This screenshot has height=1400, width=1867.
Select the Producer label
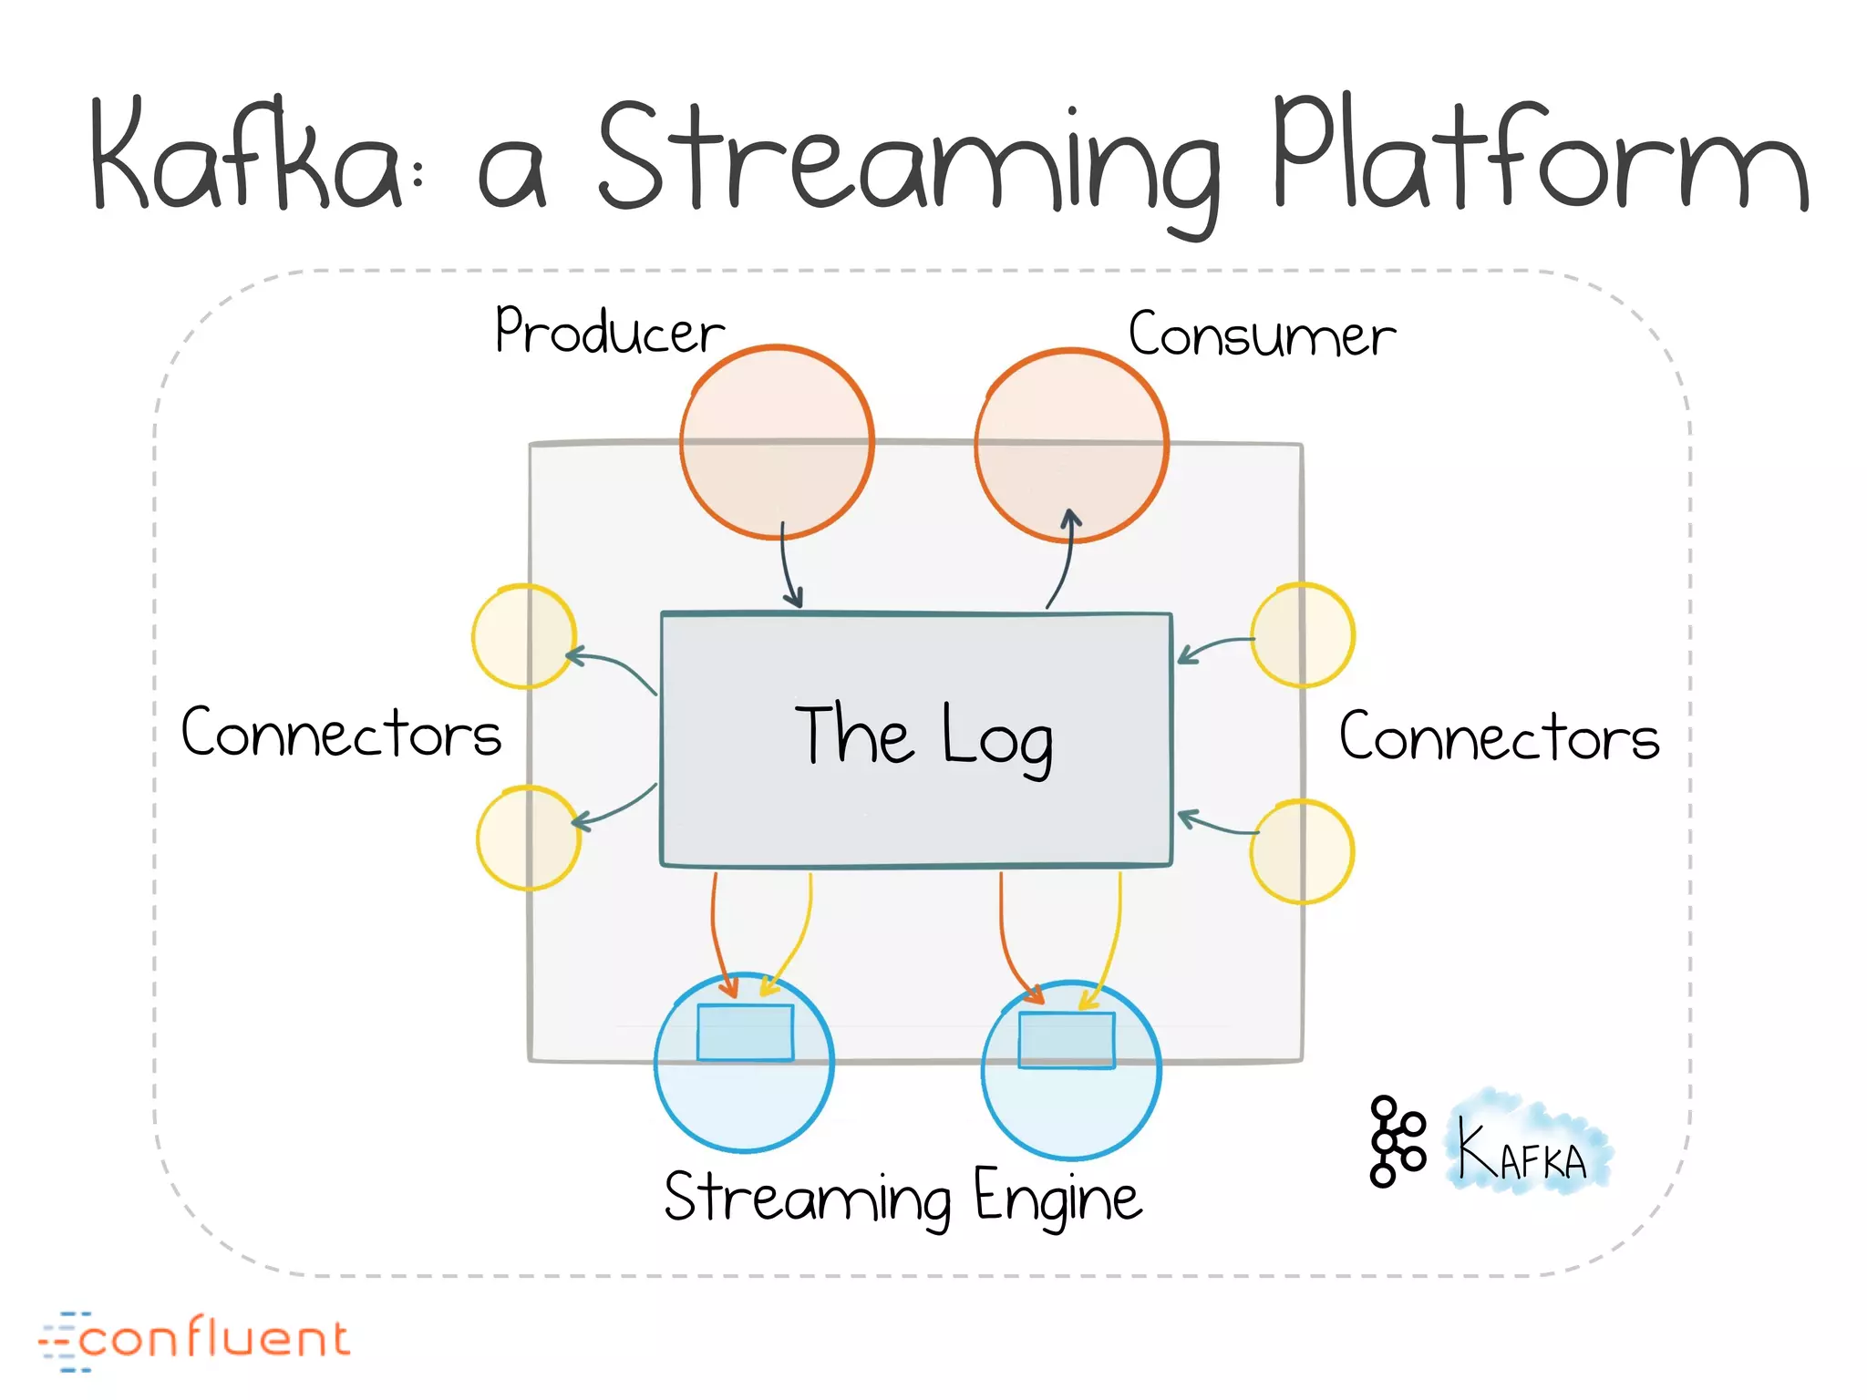pyautogui.click(x=608, y=332)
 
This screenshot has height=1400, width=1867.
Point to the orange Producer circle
pyautogui.click(x=777, y=442)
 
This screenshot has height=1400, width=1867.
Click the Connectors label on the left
pyautogui.click(x=341, y=733)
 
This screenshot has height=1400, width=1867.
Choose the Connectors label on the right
pyautogui.click(x=1498, y=736)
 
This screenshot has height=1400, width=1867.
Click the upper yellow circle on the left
pyautogui.click(x=523, y=636)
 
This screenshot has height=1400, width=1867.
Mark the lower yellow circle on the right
pyautogui.click(x=1302, y=852)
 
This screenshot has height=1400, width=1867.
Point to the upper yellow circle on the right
pyautogui.click(x=1302, y=635)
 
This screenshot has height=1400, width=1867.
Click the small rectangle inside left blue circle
pyautogui.click(x=745, y=1033)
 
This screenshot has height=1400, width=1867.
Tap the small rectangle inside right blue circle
pyautogui.click(x=1067, y=1040)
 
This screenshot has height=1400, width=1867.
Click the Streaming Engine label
pyautogui.click(x=903, y=1199)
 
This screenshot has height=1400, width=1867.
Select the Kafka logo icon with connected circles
pyautogui.click(x=1396, y=1141)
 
